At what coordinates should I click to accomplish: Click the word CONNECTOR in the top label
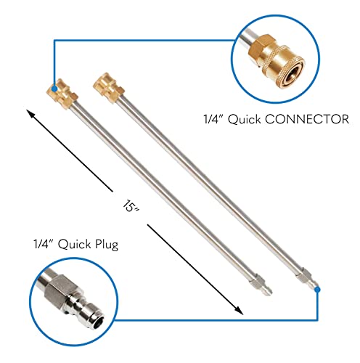click(x=307, y=119)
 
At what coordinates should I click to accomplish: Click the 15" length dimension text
click(x=131, y=206)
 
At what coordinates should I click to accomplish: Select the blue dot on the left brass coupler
click(x=54, y=89)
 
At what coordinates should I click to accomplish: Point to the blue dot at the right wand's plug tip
click(x=318, y=290)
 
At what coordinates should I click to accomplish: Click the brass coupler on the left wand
click(x=62, y=94)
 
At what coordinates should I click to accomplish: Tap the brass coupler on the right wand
click(x=109, y=88)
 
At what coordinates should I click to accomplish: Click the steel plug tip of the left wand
click(x=267, y=289)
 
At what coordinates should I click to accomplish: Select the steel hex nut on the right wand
click(x=304, y=275)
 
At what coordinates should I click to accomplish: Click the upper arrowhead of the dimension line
click(x=30, y=114)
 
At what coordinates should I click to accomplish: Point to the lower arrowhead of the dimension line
click(x=239, y=311)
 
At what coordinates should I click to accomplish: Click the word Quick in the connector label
click(x=245, y=119)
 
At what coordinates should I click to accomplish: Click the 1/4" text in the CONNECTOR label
click(x=213, y=119)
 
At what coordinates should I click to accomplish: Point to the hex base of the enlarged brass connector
click(x=259, y=49)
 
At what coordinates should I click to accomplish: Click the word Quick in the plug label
click(x=74, y=245)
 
